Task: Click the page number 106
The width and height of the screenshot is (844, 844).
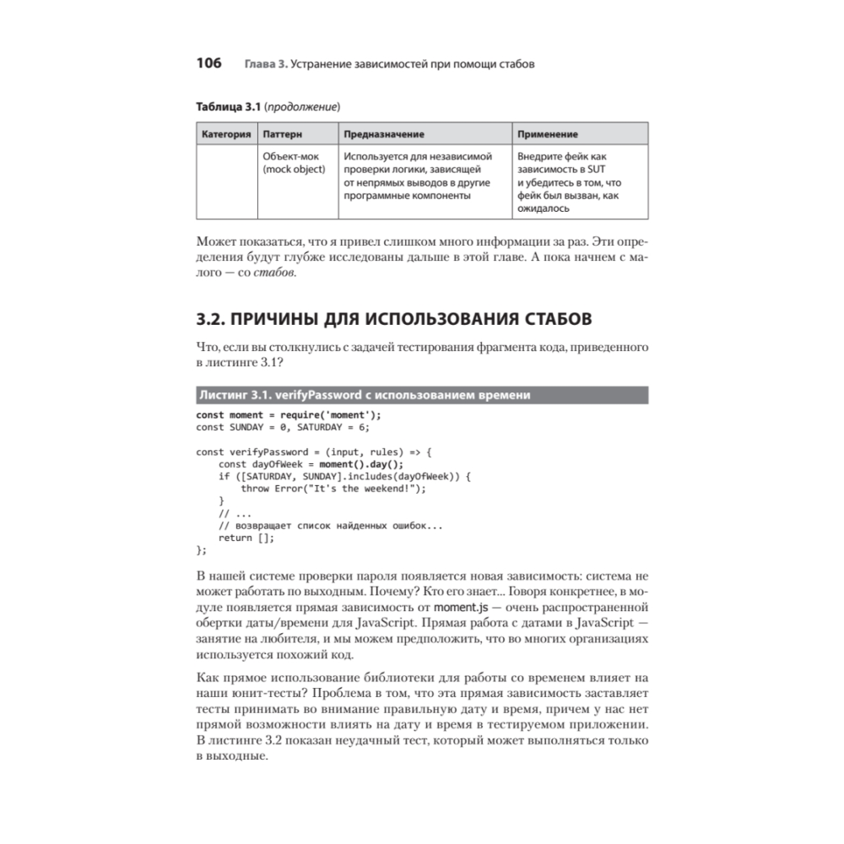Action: coord(208,63)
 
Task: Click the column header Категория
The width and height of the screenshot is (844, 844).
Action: coord(226,133)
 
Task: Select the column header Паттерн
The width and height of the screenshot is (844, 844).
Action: coord(283,133)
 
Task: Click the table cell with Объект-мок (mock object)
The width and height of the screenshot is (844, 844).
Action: coord(294,163)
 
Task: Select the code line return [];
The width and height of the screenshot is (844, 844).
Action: coord(246,538)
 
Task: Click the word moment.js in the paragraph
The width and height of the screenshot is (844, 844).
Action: coord(462,607)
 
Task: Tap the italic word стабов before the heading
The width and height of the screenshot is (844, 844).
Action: coord(274,273)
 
